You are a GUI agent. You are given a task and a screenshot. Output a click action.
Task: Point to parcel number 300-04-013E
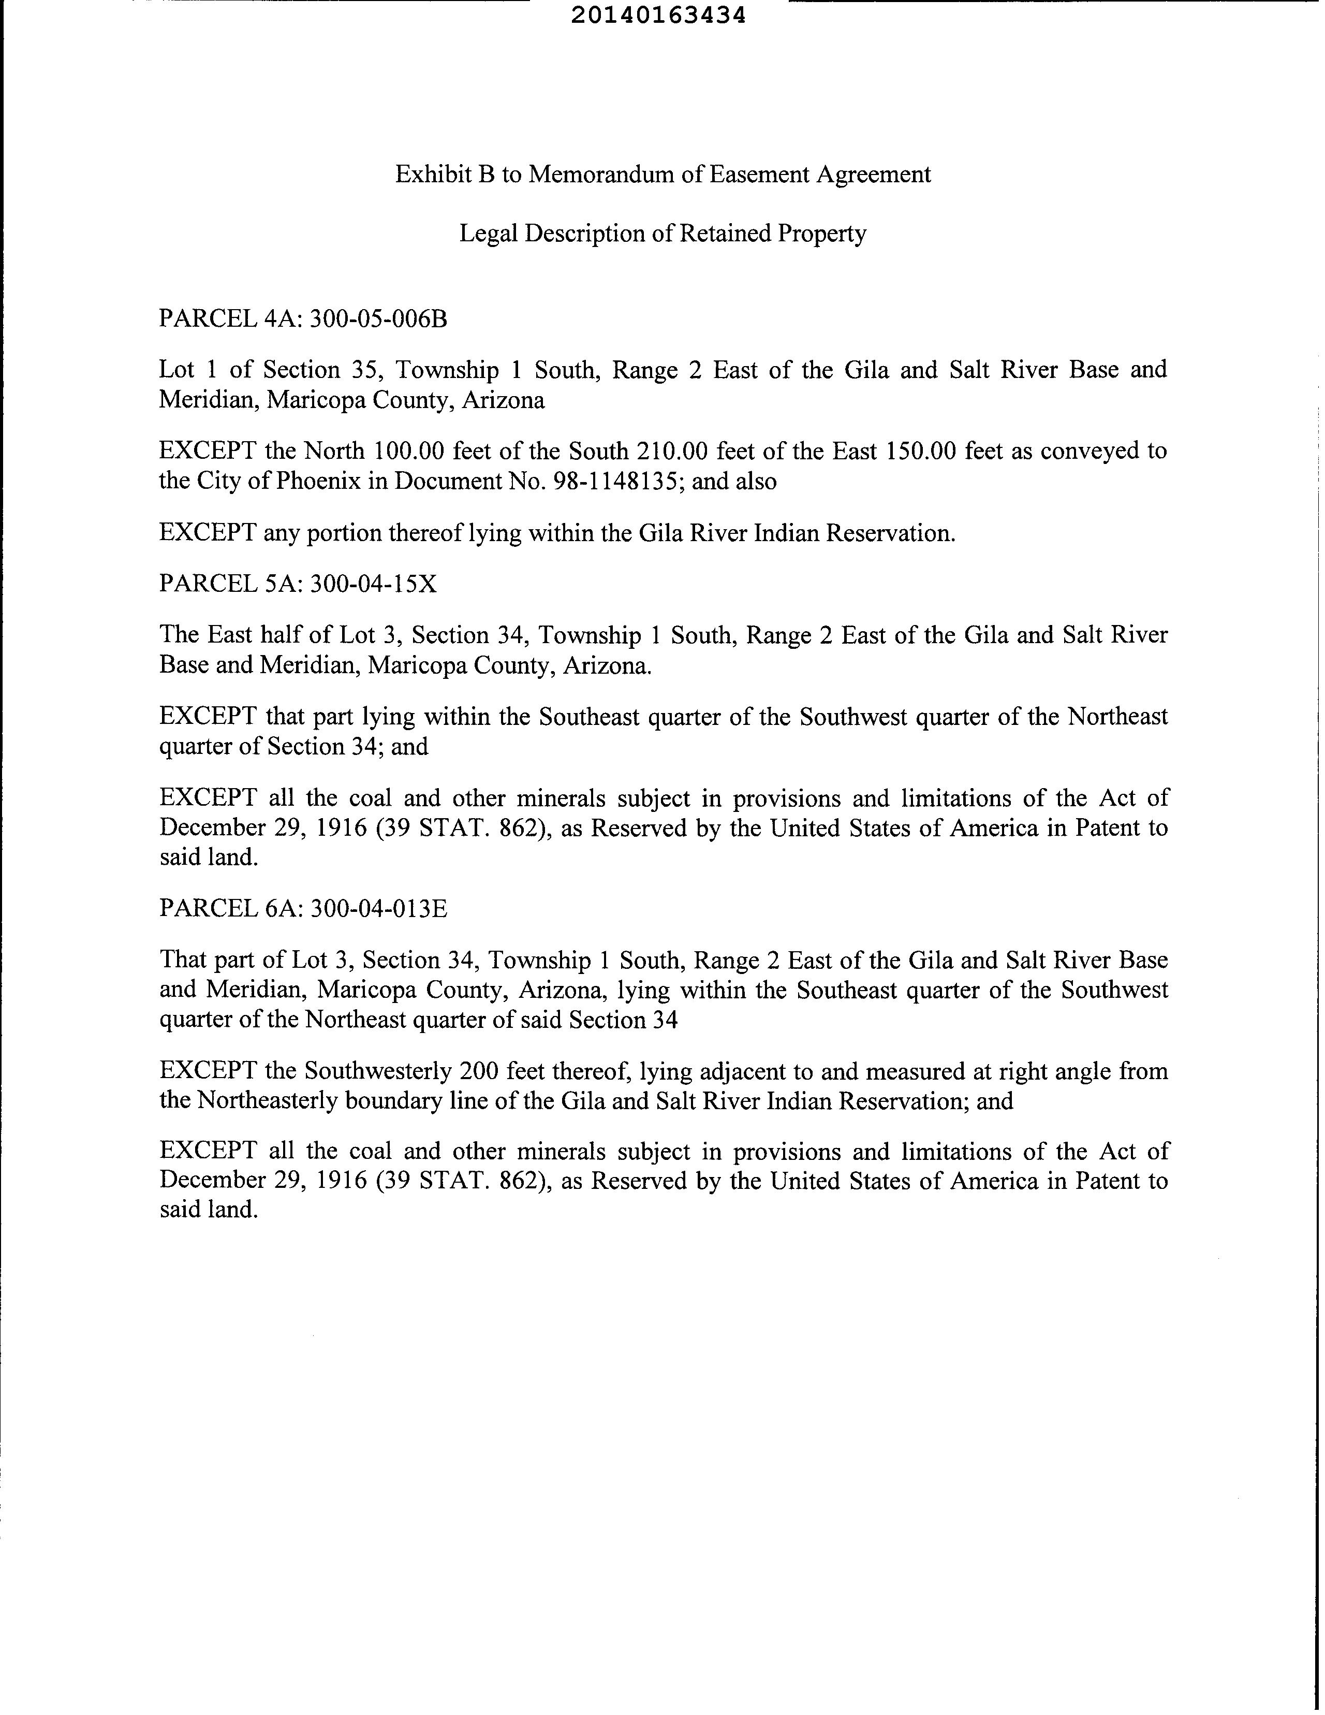coord(378,909)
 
